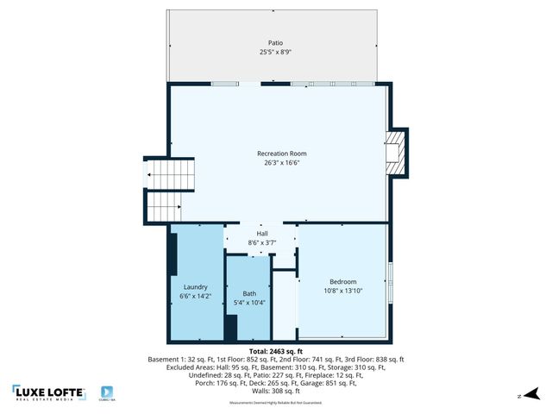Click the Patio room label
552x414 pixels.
(275, 42)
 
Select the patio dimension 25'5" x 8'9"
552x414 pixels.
(275, 52)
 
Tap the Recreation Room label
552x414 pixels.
(281, 154)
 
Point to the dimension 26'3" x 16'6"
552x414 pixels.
(281, 163)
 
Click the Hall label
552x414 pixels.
(262, 234)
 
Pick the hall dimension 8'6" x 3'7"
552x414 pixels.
(262, 243)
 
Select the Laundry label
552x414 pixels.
(195, 287)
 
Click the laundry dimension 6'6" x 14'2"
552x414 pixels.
(195, 297)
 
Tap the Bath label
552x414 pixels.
(249, 293)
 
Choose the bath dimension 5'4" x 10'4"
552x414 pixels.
(249, 303)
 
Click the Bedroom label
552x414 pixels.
(342, 281)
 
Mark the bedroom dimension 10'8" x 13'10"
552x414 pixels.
(342, 291)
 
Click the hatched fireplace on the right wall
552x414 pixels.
(396, 152)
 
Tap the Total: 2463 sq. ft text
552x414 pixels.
(276, 352)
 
